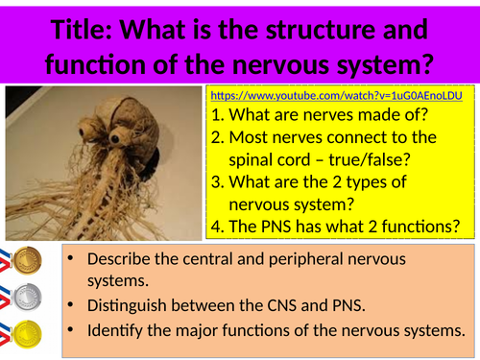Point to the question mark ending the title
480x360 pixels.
[x=427, y=65]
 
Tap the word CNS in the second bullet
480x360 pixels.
[x=300, y=306]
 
